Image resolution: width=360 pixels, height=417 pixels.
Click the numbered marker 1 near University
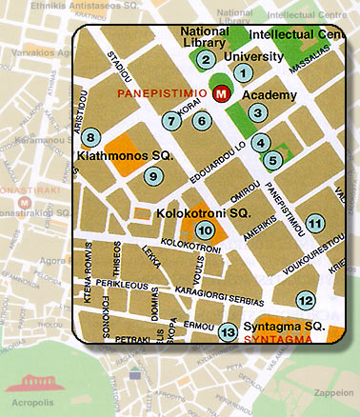coord(243,71)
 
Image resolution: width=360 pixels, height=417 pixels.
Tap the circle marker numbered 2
coord(205,60)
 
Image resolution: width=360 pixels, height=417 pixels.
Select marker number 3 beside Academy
coord(258,113)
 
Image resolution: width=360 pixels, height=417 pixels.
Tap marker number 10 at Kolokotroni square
coord(204,229)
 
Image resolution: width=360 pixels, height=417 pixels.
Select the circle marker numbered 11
coord(315,223)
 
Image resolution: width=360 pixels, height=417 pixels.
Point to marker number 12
coord(305,300)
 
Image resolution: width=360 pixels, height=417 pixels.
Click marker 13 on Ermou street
coord(228,331)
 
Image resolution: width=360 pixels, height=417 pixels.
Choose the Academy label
coord(264,95)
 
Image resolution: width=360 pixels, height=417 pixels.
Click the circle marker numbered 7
coord(171,121)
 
